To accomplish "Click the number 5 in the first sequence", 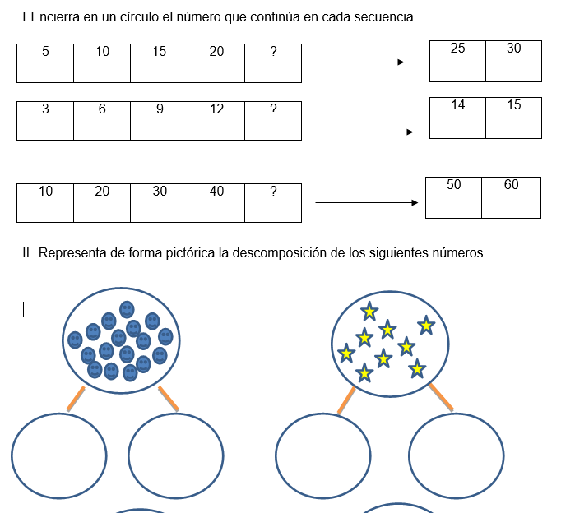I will pyautogui.click(x=45, y=52).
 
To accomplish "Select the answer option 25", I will pyautogui.click(x=457, y=49).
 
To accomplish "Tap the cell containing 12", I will pyautogui.click(x=216, y=109).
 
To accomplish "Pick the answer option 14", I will pyautogui.click(x=457, y=105).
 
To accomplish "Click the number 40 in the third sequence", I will pyautogui.click(x=216, y=192).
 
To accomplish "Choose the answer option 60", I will pyautogui.click(x=511, y=185).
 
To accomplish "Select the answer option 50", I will pyautogui.click(x=454, y=185).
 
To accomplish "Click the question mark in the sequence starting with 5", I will pyautogui.click(x=273, y=52).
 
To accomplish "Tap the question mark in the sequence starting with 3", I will pyautogui.click(x=273, y=109).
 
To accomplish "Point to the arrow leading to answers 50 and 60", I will pyautogui.click(x=367, y=202).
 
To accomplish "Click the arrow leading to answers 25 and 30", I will pyautogui.click(x=354, y=62).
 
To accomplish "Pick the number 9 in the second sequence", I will pyautogui.click(x=160, y=109).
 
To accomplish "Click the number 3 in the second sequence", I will pyautogui.click(x=45, y=109).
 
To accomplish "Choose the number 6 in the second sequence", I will pyautogui.click(x=102, y=109).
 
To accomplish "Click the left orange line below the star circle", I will pyautogui.click(x=346, y=400).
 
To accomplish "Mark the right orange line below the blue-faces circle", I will pyautogui.click(x=169, y=398).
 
